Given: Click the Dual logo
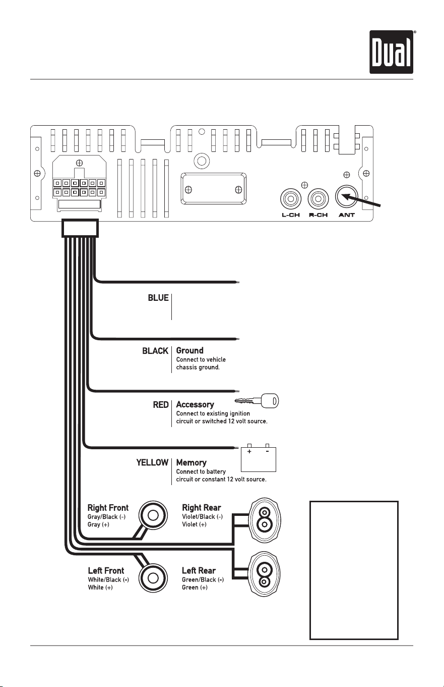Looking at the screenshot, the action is [x=391, y=52].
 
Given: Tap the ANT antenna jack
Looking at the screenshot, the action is [x=347, y=196].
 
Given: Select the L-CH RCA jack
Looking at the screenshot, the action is [x=291, y=199].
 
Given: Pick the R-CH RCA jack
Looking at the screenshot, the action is [x=318, y=199].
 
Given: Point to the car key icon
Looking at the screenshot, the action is [x=257, y=401].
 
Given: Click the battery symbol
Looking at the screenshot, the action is [x=259, y=457].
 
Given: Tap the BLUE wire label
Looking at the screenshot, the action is [x=158, y=298].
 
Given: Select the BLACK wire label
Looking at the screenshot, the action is [x=155, y=351].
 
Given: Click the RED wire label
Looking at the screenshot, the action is [x=161, y=405].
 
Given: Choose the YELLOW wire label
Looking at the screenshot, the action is [x=152, y=462].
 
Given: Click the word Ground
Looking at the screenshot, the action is [x=190, y=350].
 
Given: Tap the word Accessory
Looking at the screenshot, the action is [x=195, y=404].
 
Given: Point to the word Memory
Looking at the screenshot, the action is [x=192, y=462].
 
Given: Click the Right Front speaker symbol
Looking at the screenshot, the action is [x=153, y=515].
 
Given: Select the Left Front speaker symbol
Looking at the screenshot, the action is [x=153, y=578].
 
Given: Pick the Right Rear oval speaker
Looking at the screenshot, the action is [x=264, y=520].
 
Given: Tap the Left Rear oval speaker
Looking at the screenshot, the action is [x=264, y=574].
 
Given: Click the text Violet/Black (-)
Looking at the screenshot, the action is [x=203, y=517].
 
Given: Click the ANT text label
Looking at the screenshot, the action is [x=347, y=215].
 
